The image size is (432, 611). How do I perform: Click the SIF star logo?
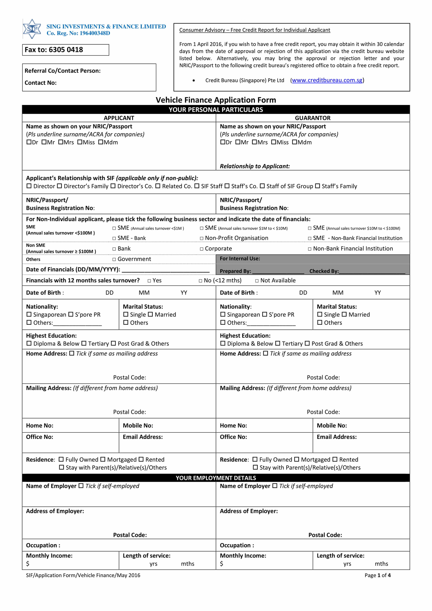[32, 29]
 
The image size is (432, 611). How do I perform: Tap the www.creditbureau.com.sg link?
[327, 80]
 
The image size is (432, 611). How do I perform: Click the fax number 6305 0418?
[66, 50]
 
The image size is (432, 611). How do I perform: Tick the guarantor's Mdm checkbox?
[294, 142]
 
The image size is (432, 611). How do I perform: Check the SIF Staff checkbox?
[197, 186]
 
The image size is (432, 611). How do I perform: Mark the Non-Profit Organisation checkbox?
[202, 238]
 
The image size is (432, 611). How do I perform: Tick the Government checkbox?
[114, 259]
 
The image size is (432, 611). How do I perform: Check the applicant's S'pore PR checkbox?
[71, 314]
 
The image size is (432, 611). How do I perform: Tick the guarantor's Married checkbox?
[344, 314]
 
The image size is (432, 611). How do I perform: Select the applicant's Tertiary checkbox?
[84, 344]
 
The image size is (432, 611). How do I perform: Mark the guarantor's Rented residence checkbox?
[335, 460]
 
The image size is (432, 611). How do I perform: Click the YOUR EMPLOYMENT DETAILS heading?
[216, 478]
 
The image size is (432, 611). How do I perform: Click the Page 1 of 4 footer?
[377, 575]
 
